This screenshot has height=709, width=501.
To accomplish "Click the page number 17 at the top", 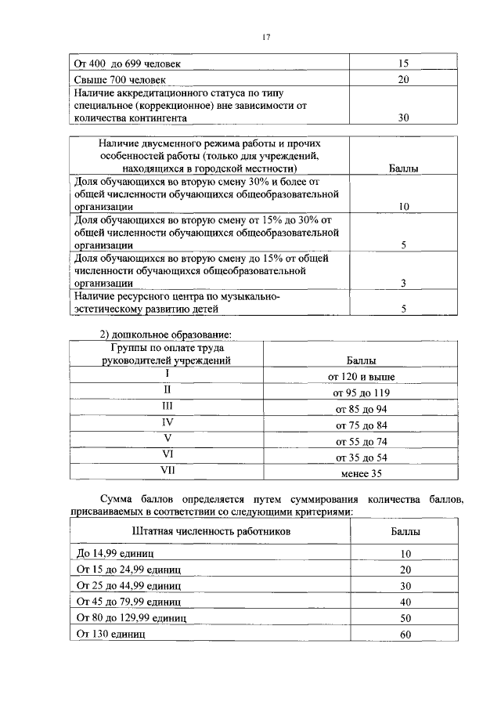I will click(x=265, y=37).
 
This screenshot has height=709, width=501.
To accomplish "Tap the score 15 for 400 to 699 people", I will click(x=404, y=63).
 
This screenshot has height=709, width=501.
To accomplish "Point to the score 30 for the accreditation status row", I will click(x=404, y=118).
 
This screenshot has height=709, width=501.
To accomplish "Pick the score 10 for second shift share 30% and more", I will click(x=404, y=207).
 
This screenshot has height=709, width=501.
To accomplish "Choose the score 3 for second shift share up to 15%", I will click(x=404, y=284).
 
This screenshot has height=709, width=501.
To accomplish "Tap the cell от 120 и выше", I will click(x=361, y=377).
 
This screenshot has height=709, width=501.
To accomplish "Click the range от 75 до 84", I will click(x=361, y=425).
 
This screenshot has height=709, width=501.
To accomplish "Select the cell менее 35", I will click(x=361, y=473).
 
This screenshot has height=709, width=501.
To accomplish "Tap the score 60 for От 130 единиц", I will click(x=405, y=634).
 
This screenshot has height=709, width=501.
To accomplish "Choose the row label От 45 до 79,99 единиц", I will click(x=128, y=602).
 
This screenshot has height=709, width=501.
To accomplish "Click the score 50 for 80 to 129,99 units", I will click(x=405, y=618).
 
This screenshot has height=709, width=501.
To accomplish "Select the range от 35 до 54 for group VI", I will click(x=361, y=458).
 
